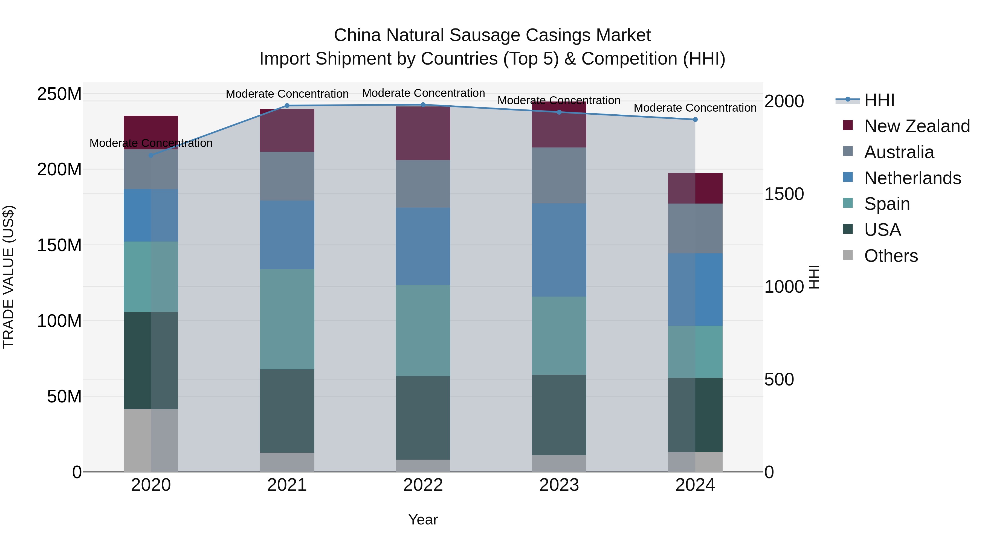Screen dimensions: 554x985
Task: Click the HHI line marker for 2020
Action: point(151,155)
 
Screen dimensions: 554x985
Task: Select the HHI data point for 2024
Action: point(695,120)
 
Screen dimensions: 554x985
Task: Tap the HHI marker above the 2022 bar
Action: point(423,105)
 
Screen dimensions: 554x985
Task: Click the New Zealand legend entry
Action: point(917,126)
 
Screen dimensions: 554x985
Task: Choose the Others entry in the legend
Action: point(891,256)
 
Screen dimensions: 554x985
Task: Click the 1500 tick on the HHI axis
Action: point(784,194)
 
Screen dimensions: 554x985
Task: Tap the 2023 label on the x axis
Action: point(559,485)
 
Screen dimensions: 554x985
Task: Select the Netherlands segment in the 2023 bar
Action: point(559,250)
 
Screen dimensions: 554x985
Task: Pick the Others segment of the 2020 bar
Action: point(151,440)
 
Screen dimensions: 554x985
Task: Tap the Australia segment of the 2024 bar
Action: point(695,229)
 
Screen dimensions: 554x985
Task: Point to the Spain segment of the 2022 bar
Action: point(423,331)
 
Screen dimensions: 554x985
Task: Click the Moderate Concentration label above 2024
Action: point(695,108)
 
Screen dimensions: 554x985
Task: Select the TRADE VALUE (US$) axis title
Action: point(8,277)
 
